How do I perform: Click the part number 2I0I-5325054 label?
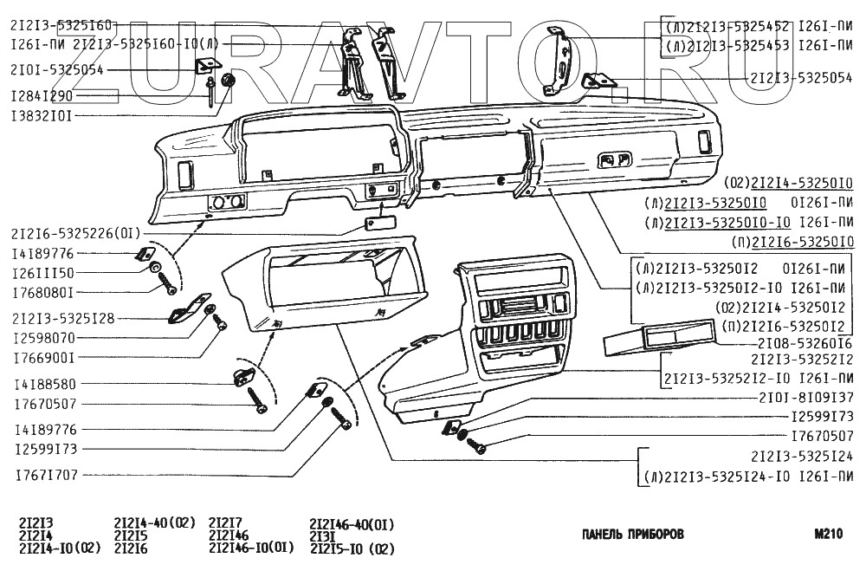(x=58, y=70)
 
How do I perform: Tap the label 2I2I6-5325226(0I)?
(x=74, y=233)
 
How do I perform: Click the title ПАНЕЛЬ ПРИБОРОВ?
(x=632, y=535)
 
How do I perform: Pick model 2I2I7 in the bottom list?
(x=225, y=523)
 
